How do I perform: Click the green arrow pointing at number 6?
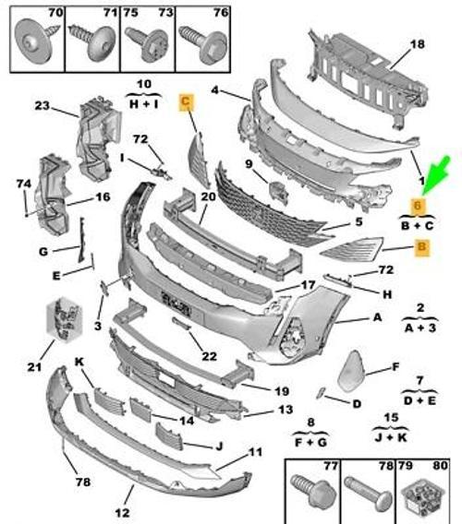434,176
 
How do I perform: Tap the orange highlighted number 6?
418,207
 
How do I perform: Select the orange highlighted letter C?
187,102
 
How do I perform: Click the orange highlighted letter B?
420,246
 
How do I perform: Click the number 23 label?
68,106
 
